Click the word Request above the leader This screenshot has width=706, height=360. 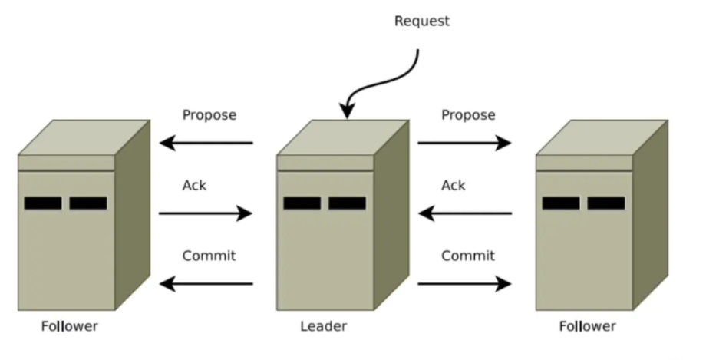pos(421,21)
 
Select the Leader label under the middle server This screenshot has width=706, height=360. pos(323,326)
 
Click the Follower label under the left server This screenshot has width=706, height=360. pos(69,326)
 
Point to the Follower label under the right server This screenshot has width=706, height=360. pos(587,326)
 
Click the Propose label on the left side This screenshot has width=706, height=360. pos(209,115)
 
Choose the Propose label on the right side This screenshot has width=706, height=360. pos(468,115)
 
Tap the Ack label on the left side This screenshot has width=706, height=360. pos(194,186)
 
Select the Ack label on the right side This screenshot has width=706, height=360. pos(454,186)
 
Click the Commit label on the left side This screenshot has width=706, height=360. pos(209,256)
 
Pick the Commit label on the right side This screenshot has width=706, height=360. pos(468,256)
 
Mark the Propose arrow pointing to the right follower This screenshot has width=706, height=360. pos(465,143)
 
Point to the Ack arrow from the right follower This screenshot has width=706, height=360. pos(465,213)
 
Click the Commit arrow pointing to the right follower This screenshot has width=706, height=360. pos(465,284)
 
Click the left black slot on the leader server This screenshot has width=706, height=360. pos(302,203)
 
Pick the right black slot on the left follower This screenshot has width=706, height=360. pos(88,203)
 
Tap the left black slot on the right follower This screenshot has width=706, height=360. pos(561,203)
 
